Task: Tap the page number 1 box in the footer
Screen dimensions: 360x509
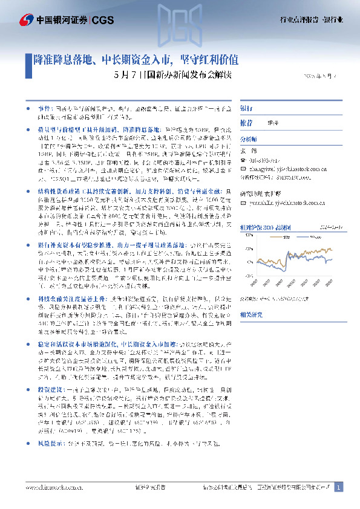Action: pyautogui.click(x=339, y=487)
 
